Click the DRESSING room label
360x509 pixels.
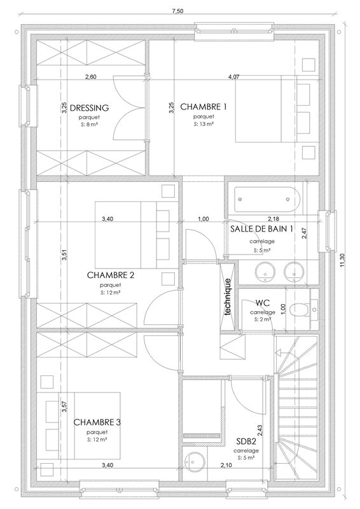tap(90, 108)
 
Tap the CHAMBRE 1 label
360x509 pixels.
tap(204, 106)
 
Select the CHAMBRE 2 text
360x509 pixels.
tap(110, 275)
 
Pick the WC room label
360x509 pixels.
tap(263, 303)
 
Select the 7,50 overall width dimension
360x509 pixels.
tap(179, 11)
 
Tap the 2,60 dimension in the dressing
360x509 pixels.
tap(90, 77)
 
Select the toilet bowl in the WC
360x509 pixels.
tap(297, 310)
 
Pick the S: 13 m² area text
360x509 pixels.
tap(204, 125)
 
